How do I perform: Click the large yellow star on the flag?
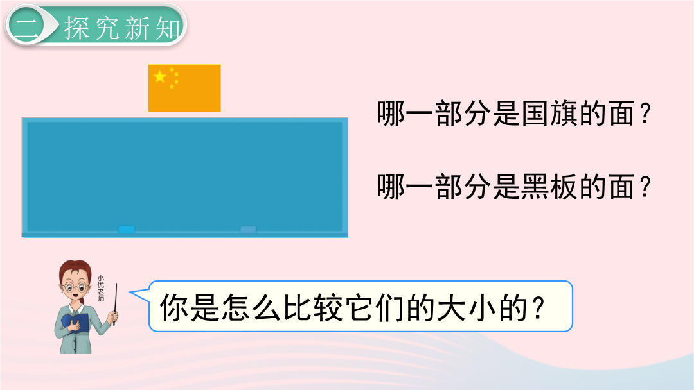pyautogui.click(x=160, y=77)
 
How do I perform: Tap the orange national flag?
pyautogui.click(x=184, y=88)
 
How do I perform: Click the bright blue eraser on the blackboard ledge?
pyautogui.click(x=126, y=230)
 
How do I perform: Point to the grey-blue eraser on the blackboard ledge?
pyautogui.click(x=248, y=230)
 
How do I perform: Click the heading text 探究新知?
pyautogui.click(x=123, y=28)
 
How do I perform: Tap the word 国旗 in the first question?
pyautogui.click(x=549, y=114)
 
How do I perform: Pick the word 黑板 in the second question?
pyautogui.click(x=549, y=187)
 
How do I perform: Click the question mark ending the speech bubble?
pyautogui.click(x=538, y=307)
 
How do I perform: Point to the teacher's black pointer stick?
pyautogui.click(x=115, y=304)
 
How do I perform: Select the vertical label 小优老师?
pyautogui.click(x=101, y=289)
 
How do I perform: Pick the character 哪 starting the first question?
pyautogui.click(x=391, y=114)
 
